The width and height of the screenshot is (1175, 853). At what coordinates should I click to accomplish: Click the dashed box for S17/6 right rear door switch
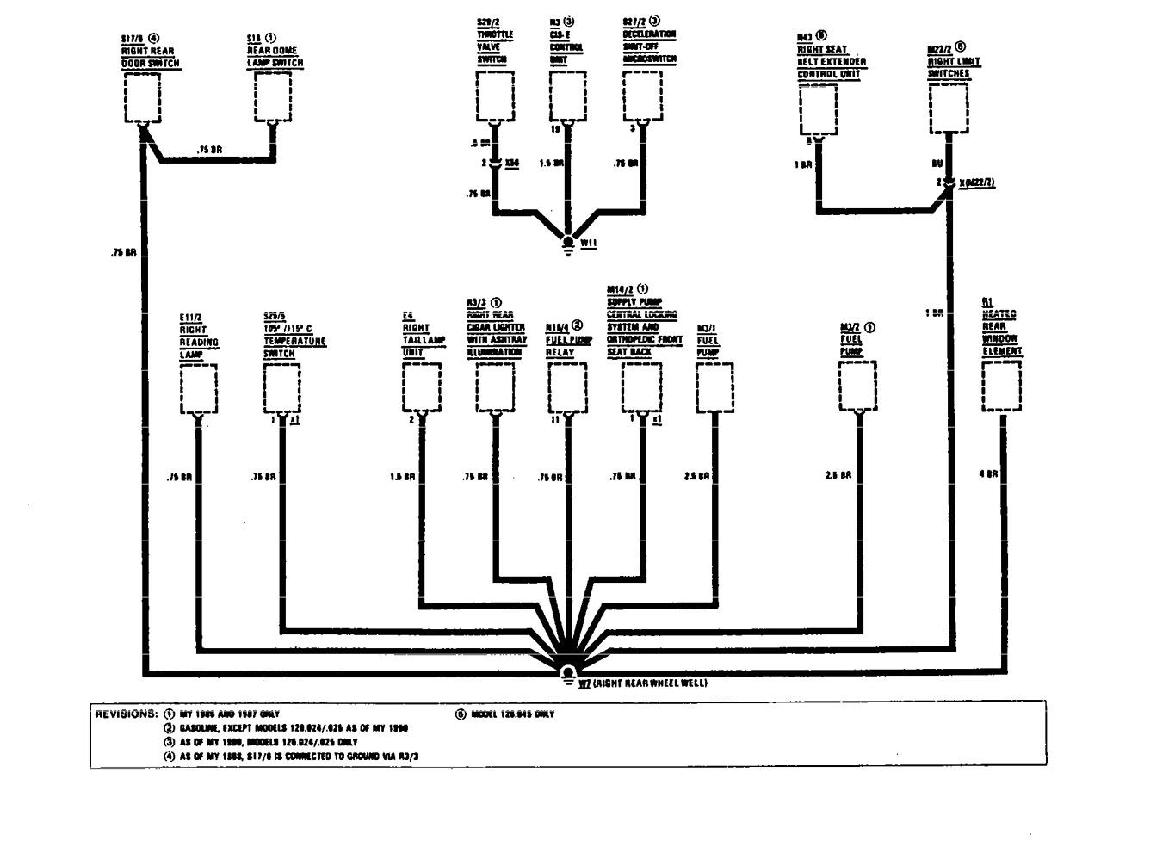pyautogui.click(x=143, y=97)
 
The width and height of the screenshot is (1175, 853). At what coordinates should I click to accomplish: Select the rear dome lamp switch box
pyautogui.click(x=273, y=96)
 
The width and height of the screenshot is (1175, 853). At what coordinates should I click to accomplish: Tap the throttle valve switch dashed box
pyautogui.click(x=495, y=96)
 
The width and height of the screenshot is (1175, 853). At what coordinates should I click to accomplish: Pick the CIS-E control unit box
pyautogui.click(x=568, y=96)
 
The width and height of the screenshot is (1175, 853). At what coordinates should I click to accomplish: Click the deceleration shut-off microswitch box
pyautogui.click(x=641, y=96)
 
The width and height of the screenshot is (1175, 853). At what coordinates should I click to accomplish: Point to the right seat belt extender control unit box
pyautogui.click(x=819, y=110)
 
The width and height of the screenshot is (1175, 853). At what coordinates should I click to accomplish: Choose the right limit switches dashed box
pyautogui.click(x=948, y=108)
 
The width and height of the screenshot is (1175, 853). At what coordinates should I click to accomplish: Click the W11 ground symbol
pyautogui.click(x=568, y=243)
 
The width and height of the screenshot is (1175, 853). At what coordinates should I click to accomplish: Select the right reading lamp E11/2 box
pyautogui.click(x=199, y=387)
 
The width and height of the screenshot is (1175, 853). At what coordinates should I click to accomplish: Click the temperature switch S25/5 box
pyautogui.click(x=282, y=387)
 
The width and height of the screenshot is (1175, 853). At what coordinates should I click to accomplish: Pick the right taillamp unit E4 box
pyautogui.click(x=421, y=387)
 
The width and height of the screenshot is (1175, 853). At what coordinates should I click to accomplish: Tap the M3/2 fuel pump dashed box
pyautogui.click(x=858, y=387)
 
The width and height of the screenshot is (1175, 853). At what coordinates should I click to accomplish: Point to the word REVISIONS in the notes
pyautogui.click(x=125, y=714)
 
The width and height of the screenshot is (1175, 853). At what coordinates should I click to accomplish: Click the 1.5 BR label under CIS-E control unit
pyautogui.click(x=552, y=163)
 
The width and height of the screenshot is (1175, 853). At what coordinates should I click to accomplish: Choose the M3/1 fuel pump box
pyautogui.click(x=714, y=387)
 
